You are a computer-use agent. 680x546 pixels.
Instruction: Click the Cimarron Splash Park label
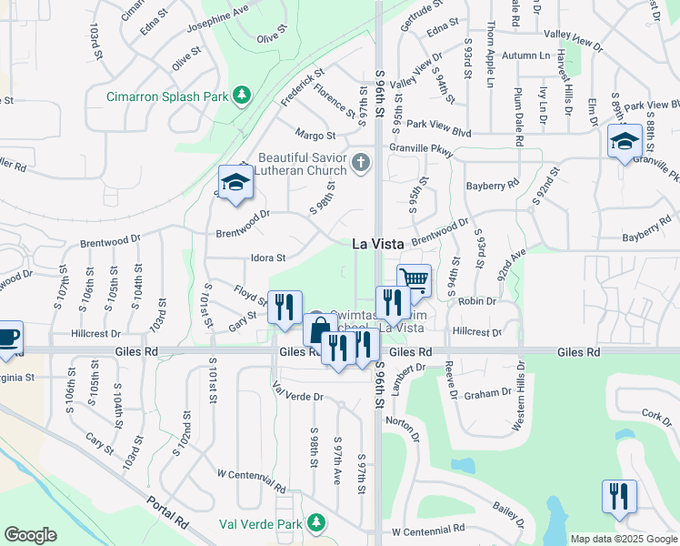(167, 96)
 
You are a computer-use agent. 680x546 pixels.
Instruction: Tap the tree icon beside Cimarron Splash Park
(242, 94)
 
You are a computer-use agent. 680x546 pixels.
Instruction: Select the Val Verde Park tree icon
(315, 522)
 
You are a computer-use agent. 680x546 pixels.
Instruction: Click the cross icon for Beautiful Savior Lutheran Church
(361, 164)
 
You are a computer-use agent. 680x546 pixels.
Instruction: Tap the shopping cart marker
(414, 278)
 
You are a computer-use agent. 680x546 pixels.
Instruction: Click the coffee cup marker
(8, 336)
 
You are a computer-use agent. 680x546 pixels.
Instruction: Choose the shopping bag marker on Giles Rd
(318, 328)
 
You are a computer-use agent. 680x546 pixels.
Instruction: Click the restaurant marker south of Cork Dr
(619, 497)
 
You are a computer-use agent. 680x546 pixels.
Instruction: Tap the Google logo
(30, 534)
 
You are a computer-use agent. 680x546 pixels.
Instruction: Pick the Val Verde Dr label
(298, 397)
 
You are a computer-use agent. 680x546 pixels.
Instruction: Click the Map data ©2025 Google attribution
(623, 539)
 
